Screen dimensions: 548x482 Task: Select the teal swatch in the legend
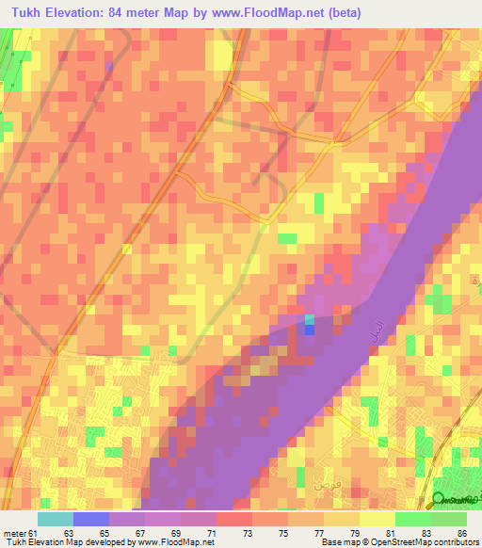pyautogui.click(x=56, y=519)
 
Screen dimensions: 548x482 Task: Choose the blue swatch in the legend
pyautogui.click(x=91, y=519)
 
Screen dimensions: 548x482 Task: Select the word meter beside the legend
pyautogui.click(x=13, y=533)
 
